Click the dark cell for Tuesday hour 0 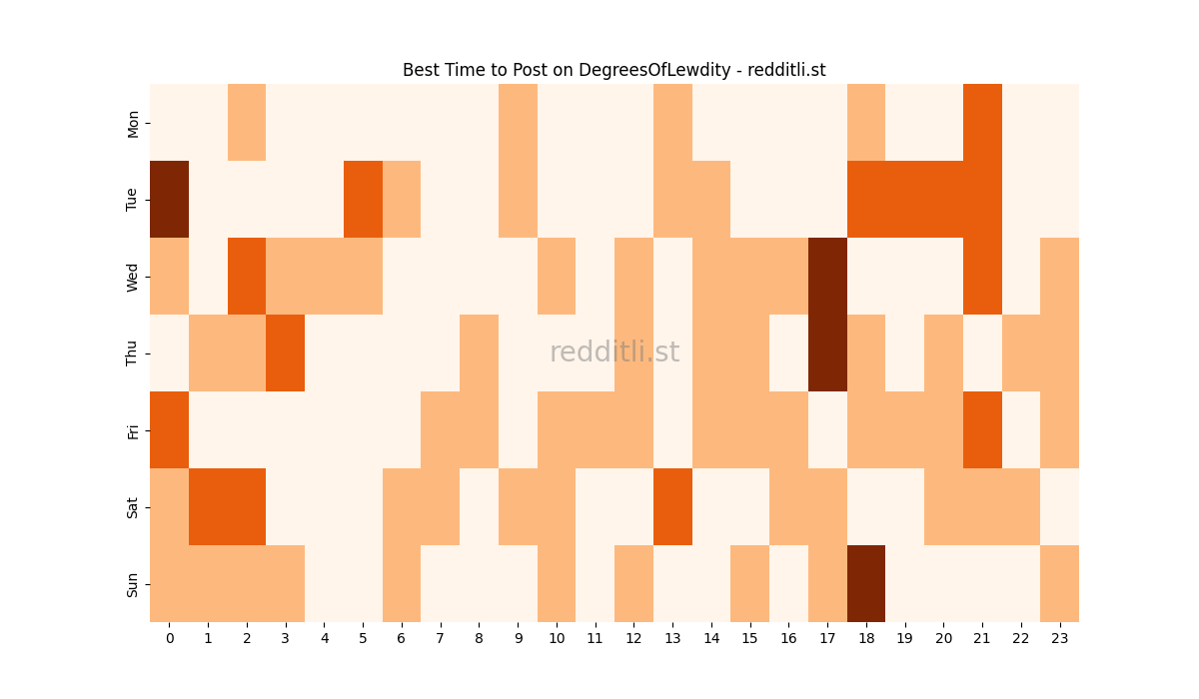[169, 199]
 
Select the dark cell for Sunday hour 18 [865, 583]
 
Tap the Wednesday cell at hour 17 [827, 276]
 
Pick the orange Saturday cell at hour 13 [672, 506]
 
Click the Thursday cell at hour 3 [285, 352]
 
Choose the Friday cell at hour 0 [169, 429]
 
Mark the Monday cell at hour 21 [982, 122]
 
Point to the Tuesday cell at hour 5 [363, 199]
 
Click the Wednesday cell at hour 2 [247, 276]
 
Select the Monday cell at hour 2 [247, 122]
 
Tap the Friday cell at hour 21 [982, 429]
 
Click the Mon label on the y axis [133, 123]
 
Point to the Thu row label [133, 352]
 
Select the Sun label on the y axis [133, 584]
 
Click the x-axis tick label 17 [827, 637]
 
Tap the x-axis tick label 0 [169, 637]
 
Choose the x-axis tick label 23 [1059, 637]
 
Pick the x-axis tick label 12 [633, 637]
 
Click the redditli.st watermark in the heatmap [614, 352]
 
